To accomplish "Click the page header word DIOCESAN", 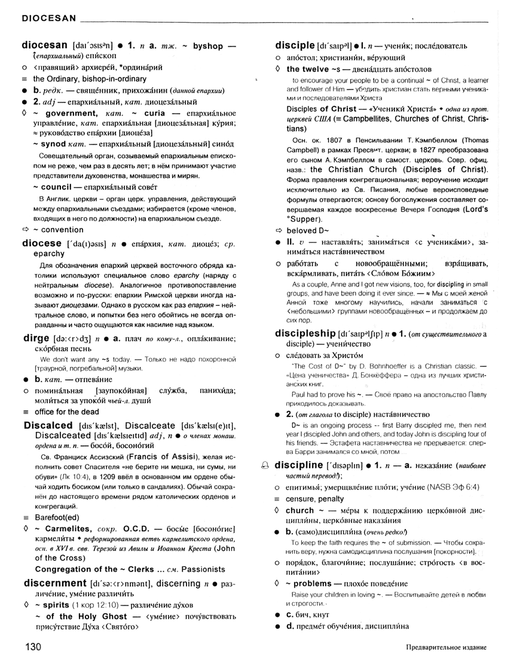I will click(x=48, y=18).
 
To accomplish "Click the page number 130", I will click(x=33, y=647).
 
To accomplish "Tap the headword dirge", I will click(x=35, y=338).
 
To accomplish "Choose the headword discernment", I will click(x=55, y=583).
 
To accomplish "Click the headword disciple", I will click(x=295, y=45).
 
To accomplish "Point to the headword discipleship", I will click(x=305, y=333).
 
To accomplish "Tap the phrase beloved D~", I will click(x=308, y=230).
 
